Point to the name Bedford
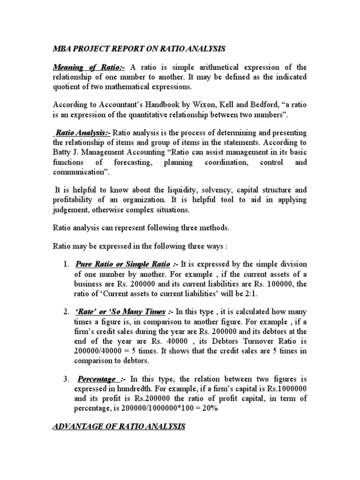tap(271, 105)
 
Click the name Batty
tap(63, 152)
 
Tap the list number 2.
tap(66, 312)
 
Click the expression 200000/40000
tap(100, 351)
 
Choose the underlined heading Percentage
tap(97, 379)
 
